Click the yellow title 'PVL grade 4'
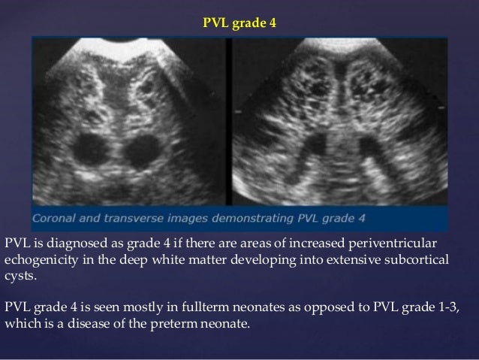pos(239,23)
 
